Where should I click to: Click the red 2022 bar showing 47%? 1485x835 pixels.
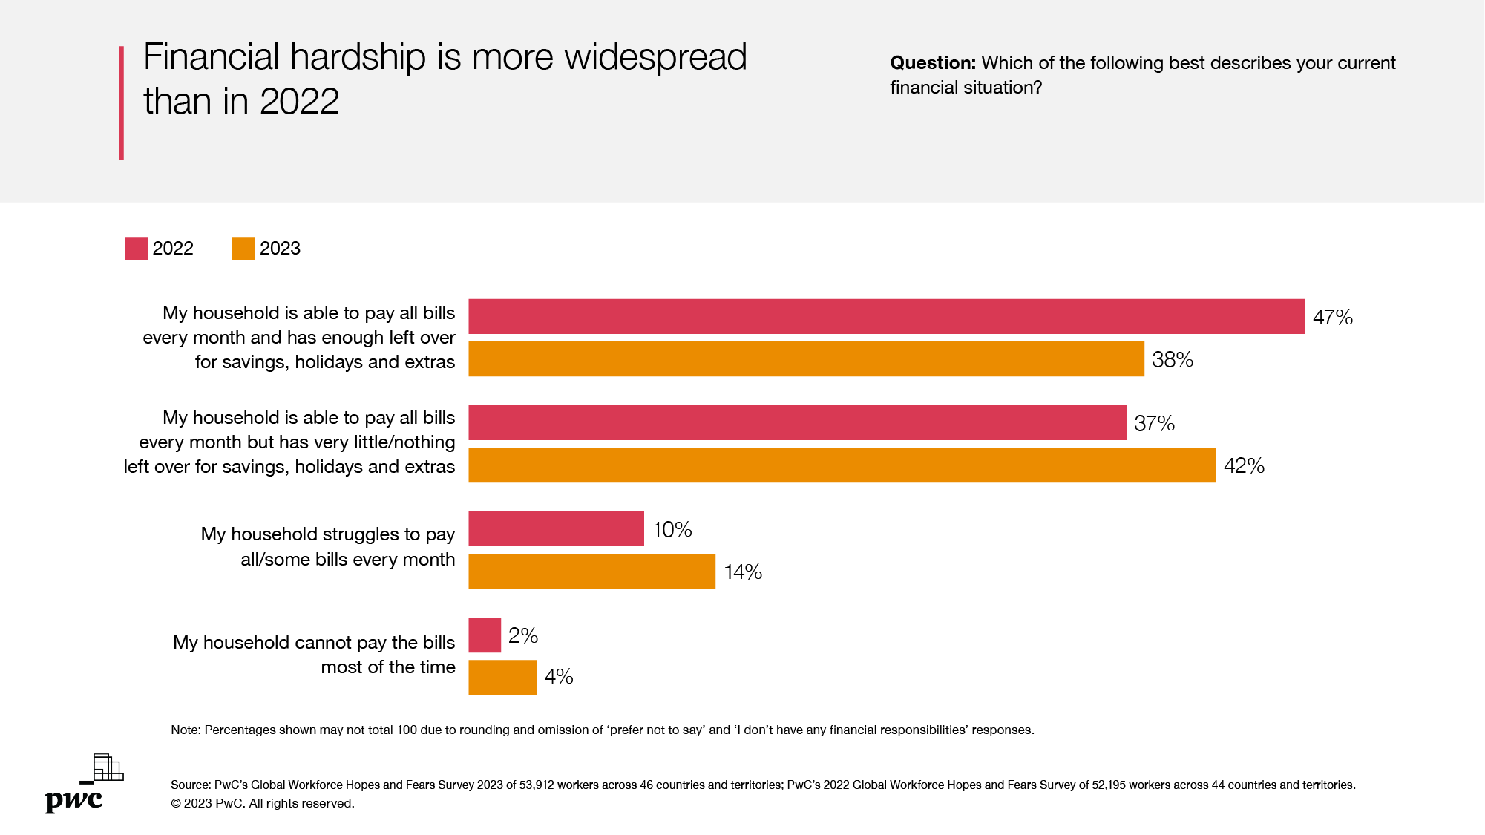886,317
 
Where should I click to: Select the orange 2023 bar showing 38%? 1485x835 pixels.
806,359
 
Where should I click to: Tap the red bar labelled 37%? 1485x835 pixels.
797,423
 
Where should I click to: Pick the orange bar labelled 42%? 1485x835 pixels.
842,465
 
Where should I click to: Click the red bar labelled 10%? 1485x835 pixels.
556,529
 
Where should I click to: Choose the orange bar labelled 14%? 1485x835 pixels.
591,572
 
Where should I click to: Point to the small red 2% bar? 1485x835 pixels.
485,635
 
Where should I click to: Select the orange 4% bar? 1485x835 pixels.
502,678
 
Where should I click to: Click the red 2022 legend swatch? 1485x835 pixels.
137,249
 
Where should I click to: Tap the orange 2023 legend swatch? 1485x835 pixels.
243,249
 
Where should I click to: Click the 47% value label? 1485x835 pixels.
1332,318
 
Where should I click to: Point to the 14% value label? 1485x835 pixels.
743,572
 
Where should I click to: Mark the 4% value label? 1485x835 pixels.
559,677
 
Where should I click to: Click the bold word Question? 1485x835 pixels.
932,63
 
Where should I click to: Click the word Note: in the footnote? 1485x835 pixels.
186,730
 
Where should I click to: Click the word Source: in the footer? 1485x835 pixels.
191,785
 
